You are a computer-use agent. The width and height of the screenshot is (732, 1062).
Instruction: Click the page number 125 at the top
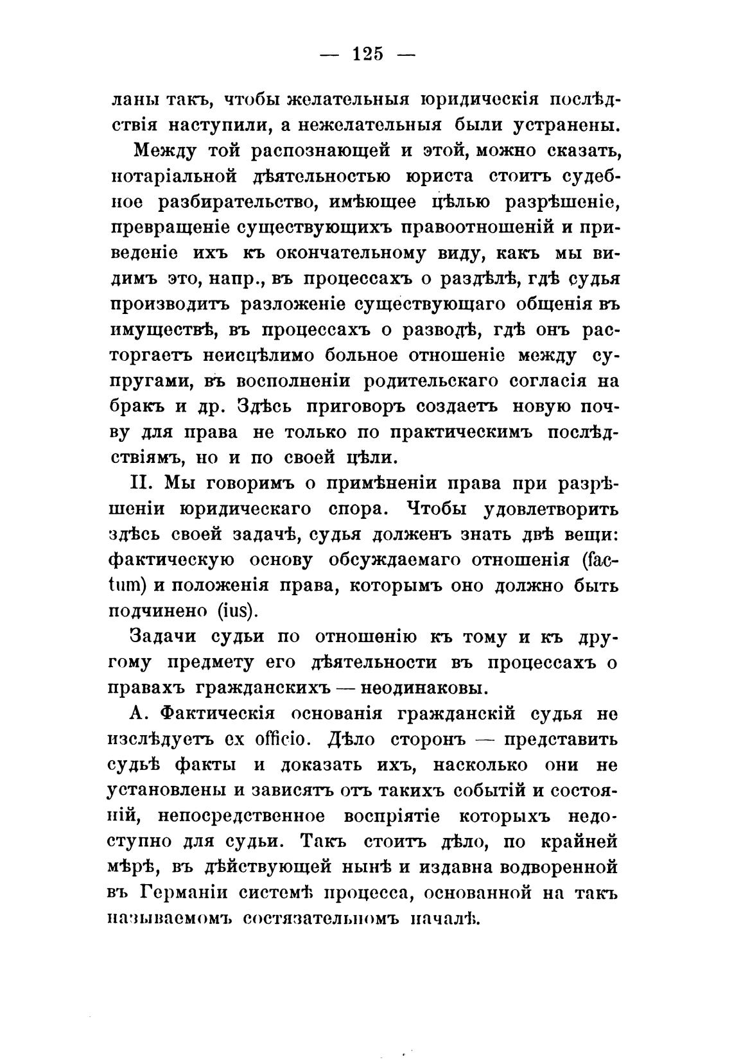click(368, 55)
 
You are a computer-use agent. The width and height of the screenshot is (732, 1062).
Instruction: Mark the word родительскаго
click(430, 381)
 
